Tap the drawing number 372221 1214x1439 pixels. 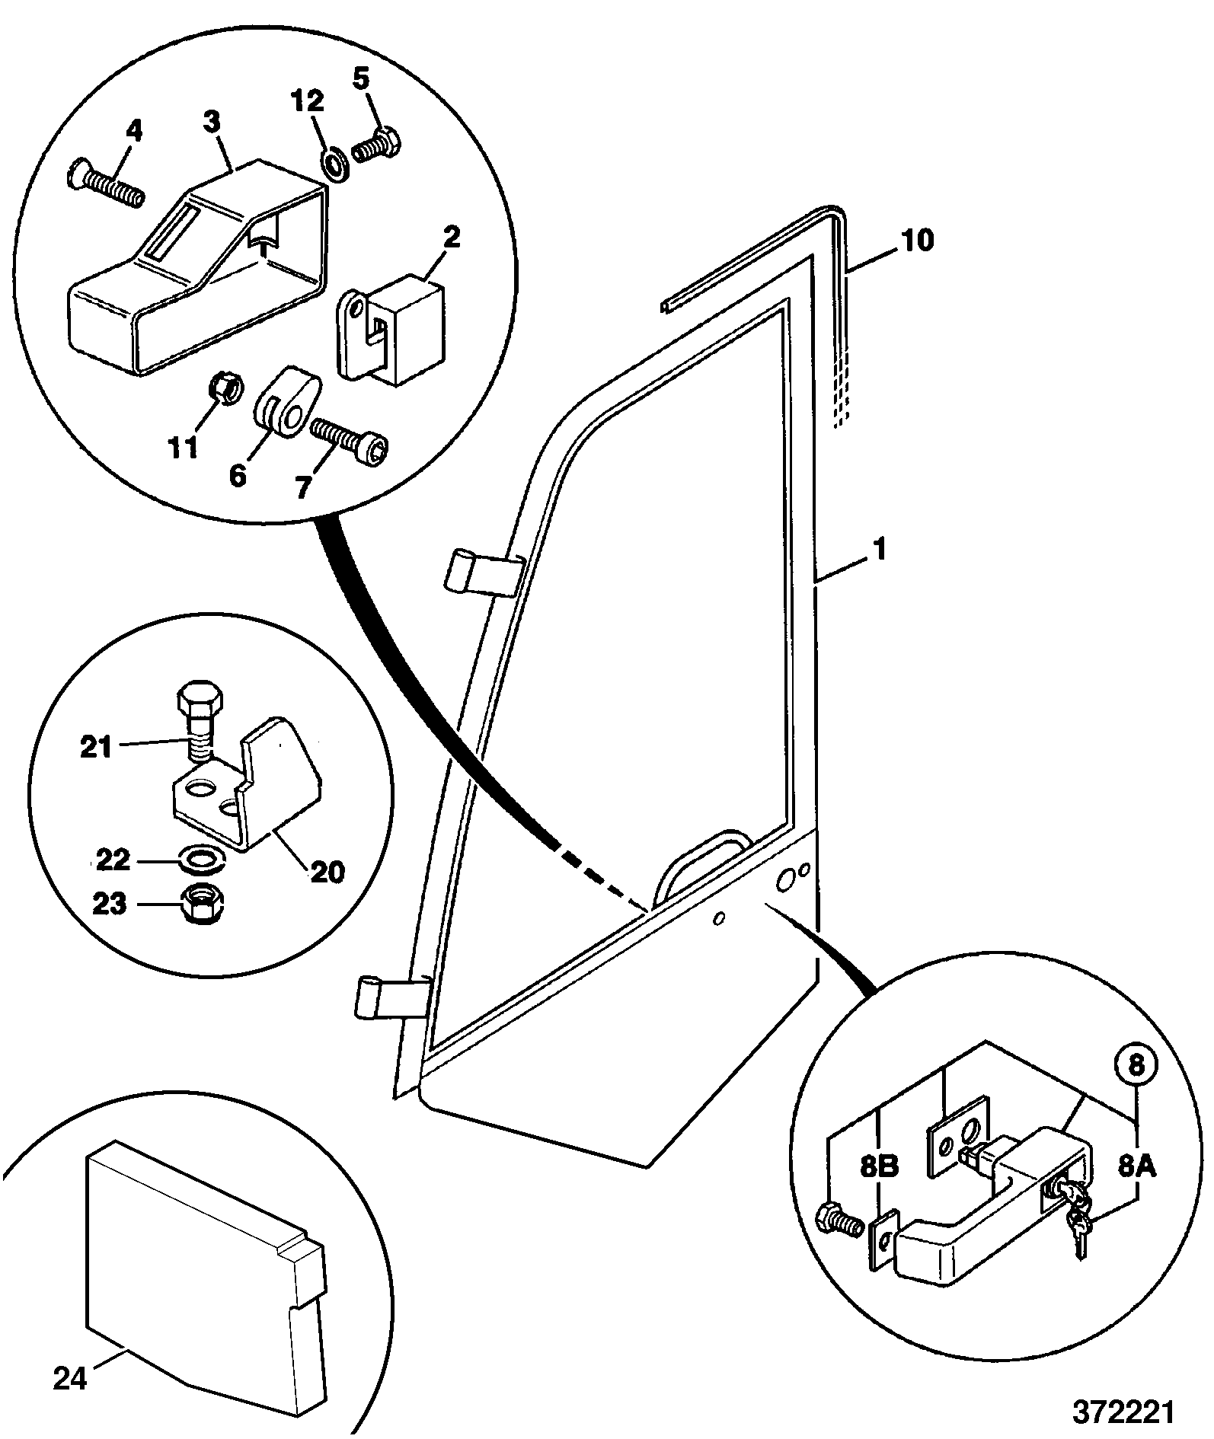click(1123, 1411)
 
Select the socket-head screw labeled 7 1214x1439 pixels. click(350, 439)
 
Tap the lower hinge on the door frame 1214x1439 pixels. click(393, 996)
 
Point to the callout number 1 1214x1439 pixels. click(880, 549)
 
